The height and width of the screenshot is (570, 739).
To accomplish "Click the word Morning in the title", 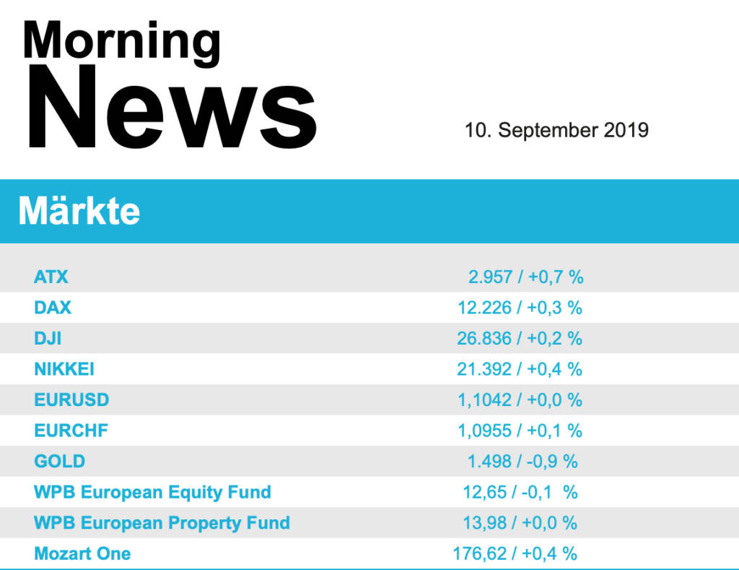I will pyautogui.click(x=121, y=41).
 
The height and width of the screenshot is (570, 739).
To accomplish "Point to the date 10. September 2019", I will pyautogui.click(x=556, y=130).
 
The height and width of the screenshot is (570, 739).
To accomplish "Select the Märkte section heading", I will pyautogui.click(x=79, y=212).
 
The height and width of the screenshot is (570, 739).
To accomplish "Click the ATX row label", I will pyautogui.click(x=51, y=277).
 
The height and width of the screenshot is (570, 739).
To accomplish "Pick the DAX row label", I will pyautogui.click(x=53, y=308).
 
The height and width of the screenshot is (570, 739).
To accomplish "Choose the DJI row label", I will pyautogui.click(x=48, y=338).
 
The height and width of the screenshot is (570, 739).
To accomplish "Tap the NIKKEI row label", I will pyautogui.click(x=64, y=369).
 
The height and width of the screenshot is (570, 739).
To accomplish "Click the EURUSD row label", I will pyautogui.click(x=71, y=400).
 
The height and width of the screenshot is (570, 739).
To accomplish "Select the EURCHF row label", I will pyautogui.click(x=71, y=431).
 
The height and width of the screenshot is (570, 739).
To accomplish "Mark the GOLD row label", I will pyautogui.click(x=59, y=462).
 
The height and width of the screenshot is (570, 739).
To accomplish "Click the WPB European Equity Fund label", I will pyautogui.click(x=152, y=493).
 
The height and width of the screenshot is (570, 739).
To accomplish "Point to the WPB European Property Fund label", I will pyautogui.click(x=162, y=523).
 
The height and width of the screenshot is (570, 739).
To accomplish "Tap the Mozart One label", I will pyautogui.click(x=82, y=554).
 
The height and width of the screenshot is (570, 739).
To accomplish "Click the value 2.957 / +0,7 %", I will pyautogui.click(x=525, y=277).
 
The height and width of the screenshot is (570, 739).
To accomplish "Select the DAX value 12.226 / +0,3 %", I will pyautogui.click(x=520, y=308).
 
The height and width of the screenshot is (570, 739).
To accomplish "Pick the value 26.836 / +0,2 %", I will pyautogui.click(x=520, y=338).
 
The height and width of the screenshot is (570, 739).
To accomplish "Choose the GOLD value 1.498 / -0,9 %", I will pyautogui.click(x=522, y=462).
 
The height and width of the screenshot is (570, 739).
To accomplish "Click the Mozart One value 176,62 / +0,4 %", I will pyautogui.click(x=515, y=554).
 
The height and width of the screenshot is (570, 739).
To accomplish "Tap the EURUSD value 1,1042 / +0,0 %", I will pyautogui.click(x=520, y=400).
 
